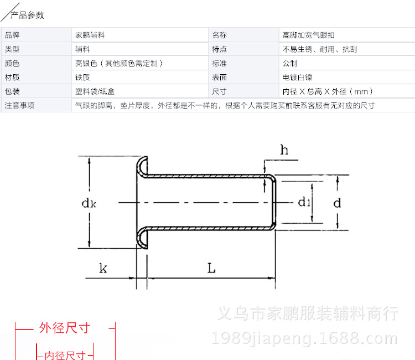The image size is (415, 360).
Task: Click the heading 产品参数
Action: (28, 15)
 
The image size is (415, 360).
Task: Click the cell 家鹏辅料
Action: (90, 35)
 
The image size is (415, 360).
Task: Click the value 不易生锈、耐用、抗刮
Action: (320, 49)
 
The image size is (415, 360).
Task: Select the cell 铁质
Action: (82, 78)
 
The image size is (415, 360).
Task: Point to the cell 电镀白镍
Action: (297, 78)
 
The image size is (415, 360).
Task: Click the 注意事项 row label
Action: (20, 105)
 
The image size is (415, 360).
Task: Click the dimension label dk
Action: (89, 203)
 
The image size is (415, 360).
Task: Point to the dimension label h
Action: (284, 150)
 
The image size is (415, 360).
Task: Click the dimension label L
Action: (211, 268)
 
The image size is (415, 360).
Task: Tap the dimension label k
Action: (103, 269)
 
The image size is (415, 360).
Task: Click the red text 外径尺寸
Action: (64, 328)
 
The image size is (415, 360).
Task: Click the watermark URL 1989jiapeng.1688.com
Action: (305, 338)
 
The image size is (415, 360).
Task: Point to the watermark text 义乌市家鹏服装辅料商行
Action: (308, 313)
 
